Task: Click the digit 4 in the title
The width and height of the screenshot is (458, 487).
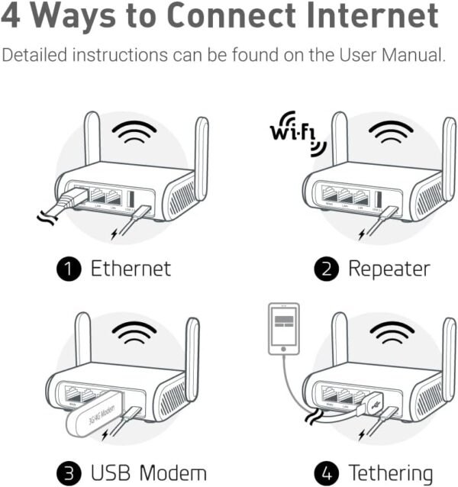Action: pyautogui.click(x=15, y=17)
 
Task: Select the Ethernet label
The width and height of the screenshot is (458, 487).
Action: pyautogui.click(x=131, y=268)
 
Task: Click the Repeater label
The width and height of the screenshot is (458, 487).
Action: pyautogui.click(x=389, y=268)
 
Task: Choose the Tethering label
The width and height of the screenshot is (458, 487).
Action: pyautogui.click(x=390, y=472)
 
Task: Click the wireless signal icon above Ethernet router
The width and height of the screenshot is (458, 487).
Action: pyautogui.click(x=134, y=135)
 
